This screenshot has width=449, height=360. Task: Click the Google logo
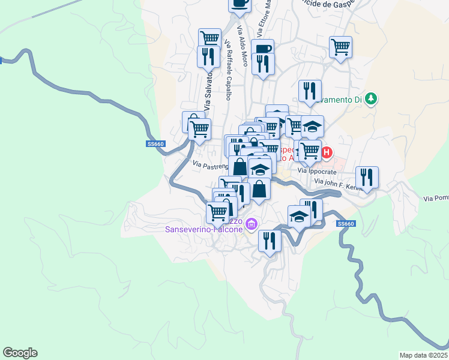point(20,353)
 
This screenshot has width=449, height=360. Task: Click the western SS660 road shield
point(155,144)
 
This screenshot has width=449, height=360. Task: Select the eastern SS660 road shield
point(346,224)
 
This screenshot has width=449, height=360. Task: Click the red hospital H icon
point(327,152)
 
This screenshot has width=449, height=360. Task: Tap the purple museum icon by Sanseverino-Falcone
point(251,225)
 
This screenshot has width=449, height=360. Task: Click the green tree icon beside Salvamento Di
point(372,98)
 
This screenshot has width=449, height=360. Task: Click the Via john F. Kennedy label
point(339,184)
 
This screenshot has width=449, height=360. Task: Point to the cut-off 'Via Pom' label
point(436,198)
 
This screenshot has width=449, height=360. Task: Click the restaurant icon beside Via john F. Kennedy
point(366,176)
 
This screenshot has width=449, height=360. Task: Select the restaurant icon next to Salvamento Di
point(310,90)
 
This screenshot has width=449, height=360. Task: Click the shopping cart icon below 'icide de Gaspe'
point(340,46)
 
